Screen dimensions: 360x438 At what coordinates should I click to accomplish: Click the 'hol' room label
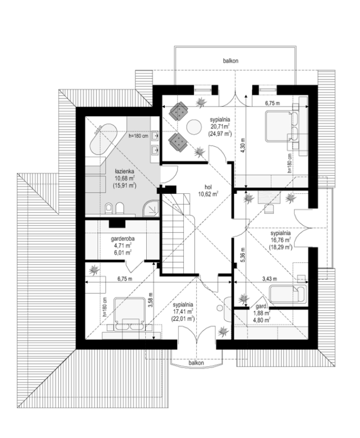click(208, 187)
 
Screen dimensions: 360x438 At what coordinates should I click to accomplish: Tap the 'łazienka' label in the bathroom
click(125, 171)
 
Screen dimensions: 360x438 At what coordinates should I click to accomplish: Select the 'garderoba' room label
click(122, 239)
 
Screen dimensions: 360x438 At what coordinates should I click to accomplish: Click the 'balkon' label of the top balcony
click(231, 60)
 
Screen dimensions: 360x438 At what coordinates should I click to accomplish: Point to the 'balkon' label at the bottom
click(196, 363)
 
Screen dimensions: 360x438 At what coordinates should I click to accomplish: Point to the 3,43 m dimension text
click(270, 279)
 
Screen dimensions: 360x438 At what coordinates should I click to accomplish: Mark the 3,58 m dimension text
click(150, 300)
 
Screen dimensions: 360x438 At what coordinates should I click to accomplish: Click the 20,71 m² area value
click(220, 127)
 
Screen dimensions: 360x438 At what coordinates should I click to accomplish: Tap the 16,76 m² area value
click(281, 239)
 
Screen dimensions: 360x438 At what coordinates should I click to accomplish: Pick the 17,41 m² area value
click(183, 311)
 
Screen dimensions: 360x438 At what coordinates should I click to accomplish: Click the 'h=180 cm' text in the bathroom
click(138, 136)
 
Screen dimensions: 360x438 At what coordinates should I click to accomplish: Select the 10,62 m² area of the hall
click(208, 194)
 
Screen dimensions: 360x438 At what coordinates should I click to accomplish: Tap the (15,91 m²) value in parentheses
click(125, 185)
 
